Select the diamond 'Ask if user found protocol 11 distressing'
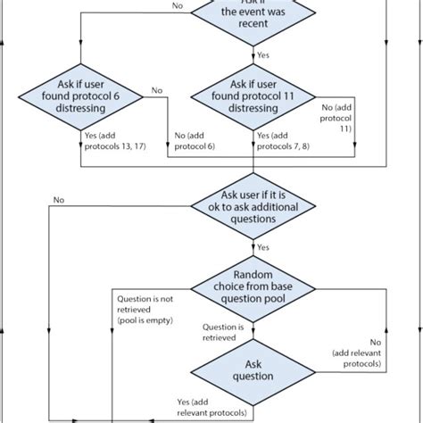pyautogui.click(x=253, y=97)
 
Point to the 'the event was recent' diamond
pyautogui.click(x=253, y=15)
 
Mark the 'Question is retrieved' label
pyautogui.click(x=220, y=332)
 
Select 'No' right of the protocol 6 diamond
pyautogui.click(x=157, y=89)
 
